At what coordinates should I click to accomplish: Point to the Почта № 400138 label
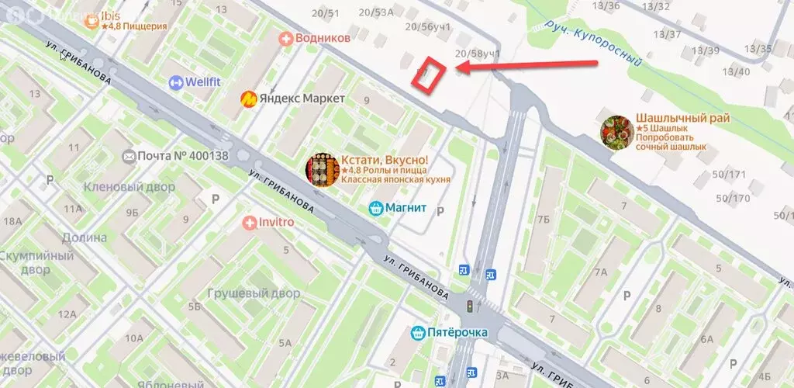pos(183,156)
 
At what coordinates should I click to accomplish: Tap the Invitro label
pos(271,223)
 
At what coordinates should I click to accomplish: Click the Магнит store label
pos(402,208)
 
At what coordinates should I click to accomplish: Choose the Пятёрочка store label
pos(457,333)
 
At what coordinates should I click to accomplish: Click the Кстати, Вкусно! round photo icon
pos(321,169)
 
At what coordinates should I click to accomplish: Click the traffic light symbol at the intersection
pos(469,307)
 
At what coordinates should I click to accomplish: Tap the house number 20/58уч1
pos(478,53)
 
